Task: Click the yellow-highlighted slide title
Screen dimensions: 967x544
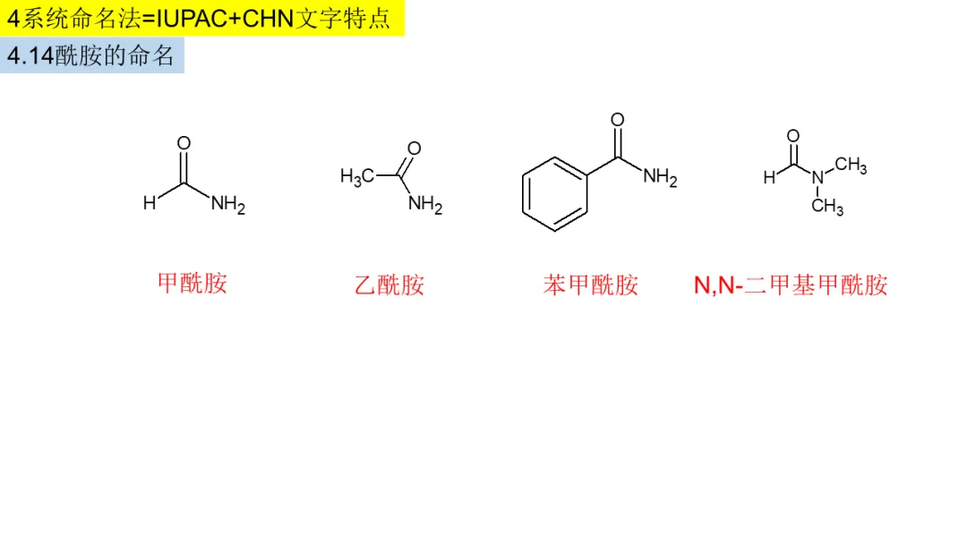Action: point(201,18)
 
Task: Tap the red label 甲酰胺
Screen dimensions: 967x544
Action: point(193,284)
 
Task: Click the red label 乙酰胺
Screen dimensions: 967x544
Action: point(389,285)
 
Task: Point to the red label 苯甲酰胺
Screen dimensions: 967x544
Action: point(590,285)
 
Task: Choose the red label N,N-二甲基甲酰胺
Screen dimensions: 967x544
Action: point(791,285)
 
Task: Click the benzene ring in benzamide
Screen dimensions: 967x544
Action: point(555,194)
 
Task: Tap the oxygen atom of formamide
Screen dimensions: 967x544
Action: point(184,143)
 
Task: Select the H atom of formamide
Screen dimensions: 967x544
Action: point(150,203)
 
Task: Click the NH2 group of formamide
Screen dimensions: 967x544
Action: point(227,205)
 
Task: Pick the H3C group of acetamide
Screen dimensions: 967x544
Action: point(357,176)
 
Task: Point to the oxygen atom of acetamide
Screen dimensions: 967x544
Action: point(414,148)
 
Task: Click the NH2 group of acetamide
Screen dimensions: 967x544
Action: point(425,205)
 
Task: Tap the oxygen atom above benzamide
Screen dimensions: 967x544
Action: point(618,120)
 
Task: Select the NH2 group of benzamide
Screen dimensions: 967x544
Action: point(660,177)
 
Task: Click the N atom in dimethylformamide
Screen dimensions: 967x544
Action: point(817,177)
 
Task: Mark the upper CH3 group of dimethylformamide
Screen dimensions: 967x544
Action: point(851,166)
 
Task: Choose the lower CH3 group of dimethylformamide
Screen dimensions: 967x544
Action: point(827,207)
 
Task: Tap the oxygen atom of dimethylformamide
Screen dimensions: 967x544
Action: point(792,136)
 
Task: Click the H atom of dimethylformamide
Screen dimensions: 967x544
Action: point(769,177)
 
